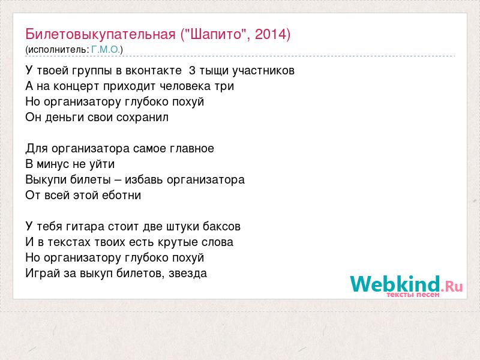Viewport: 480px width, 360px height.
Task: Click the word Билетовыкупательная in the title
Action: [100, 34]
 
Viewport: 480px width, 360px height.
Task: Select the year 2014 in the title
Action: [271, 34]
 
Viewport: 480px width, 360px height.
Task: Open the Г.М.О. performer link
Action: [106, 50]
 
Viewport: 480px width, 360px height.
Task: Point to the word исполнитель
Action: [58, 50]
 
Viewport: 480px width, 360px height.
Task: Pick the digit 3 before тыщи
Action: [192, 71]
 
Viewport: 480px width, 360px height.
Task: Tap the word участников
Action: [263, 71]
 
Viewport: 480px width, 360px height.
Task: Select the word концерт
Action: [76, 86]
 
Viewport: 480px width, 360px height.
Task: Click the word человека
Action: [185, 86]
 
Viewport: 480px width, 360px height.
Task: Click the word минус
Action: [53, 164]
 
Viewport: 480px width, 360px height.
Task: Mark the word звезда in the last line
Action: [188, 274]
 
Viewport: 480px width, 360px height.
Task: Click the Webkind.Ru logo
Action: [407, 286]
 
